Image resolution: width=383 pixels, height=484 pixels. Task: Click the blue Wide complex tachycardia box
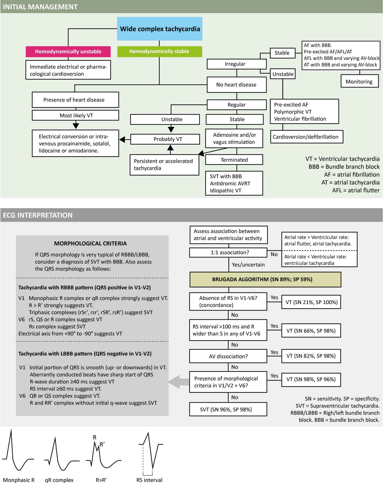point(160,29)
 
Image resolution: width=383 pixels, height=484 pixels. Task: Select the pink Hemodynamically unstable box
point(68,51)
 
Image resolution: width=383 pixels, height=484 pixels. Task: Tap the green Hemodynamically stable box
point(159,51)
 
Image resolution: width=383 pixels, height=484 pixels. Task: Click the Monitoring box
point(359,82)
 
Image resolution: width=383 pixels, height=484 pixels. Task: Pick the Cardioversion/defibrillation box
point(306,137)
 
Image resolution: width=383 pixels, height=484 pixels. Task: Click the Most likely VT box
point(76,115)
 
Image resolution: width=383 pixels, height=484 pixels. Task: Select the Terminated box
point(234,160)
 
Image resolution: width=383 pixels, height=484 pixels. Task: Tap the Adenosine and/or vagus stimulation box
point(234,138)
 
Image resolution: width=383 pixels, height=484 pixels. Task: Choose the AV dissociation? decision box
point(228,356)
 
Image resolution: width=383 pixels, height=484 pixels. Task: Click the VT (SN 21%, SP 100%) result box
point(311,302)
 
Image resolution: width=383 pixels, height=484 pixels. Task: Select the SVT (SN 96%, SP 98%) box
point(228,409)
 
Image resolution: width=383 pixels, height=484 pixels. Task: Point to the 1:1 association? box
point(228,252)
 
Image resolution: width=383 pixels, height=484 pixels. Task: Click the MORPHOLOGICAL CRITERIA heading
point(90,244)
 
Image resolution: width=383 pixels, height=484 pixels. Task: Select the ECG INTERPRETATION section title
point(38,215)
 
